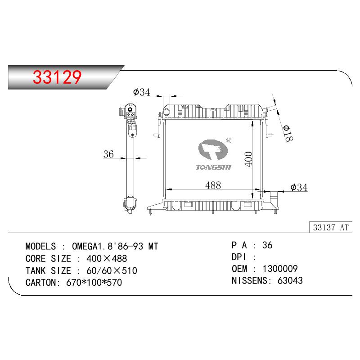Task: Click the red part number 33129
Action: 57,77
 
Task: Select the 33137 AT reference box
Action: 331,227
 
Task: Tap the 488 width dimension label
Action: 213,185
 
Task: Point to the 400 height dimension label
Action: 248,159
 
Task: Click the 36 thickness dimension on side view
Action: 108,154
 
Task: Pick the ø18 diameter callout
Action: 288,133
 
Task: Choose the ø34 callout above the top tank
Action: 141,92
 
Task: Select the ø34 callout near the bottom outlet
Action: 299,187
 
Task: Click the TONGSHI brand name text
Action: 213,167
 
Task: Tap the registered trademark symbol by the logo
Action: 229,140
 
